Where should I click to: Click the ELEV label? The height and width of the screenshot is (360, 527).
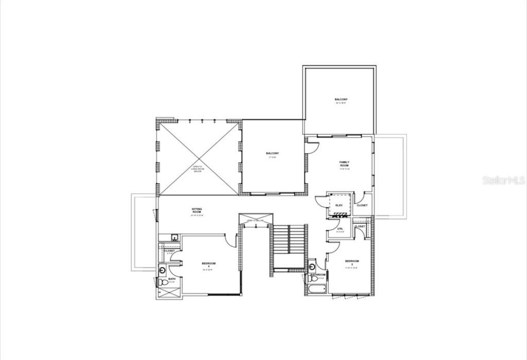339,205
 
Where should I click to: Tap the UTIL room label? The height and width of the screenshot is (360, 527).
340,229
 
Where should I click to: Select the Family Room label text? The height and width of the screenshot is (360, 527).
344,164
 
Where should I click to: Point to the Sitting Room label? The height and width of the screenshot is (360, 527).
197,211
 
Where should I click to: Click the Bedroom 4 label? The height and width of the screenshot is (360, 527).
208,264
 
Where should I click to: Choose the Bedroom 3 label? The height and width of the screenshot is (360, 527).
352,262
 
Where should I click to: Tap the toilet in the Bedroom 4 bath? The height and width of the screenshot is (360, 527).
162,281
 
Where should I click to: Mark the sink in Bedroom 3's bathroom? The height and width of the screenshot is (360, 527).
312,267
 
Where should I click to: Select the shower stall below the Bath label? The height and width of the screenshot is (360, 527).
169,292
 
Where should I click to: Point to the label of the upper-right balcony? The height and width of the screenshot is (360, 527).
341,100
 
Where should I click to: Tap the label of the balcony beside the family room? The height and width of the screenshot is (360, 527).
272,154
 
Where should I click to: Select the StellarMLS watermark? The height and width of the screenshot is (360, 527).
503,180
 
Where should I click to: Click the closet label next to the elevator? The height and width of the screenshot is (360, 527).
362,205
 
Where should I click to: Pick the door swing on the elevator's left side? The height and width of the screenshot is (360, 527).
321,201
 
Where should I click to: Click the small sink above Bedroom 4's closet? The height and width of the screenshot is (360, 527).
175,238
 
